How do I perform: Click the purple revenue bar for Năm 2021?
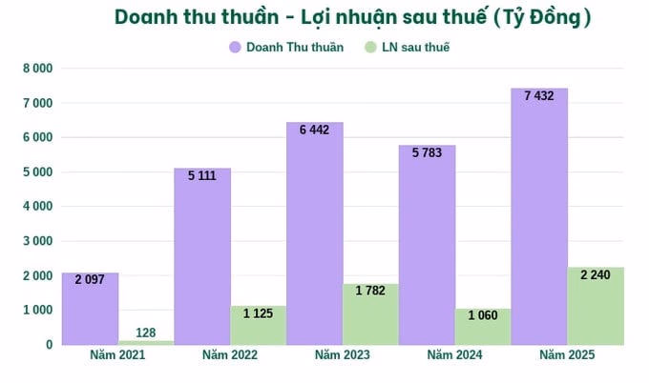coord(90,310)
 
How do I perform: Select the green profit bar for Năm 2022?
coord(259,326)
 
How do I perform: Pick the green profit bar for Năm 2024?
coord(483,327)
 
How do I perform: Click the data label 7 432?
coord(539,94)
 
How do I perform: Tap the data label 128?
coord(145,332)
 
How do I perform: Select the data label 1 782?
coord(371,291)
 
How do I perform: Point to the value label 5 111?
coord(202,175)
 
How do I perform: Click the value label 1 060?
coord(483,315)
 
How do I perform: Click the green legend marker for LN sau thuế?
coord(371,47)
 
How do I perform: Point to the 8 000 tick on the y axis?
coord(36,69)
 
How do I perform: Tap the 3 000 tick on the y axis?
coord(36,241)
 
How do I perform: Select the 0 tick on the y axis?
coord(47,345)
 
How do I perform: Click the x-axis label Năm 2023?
coord(343,355)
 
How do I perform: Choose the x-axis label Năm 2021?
coord(117,355)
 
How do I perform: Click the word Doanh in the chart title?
coord(147,17)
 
